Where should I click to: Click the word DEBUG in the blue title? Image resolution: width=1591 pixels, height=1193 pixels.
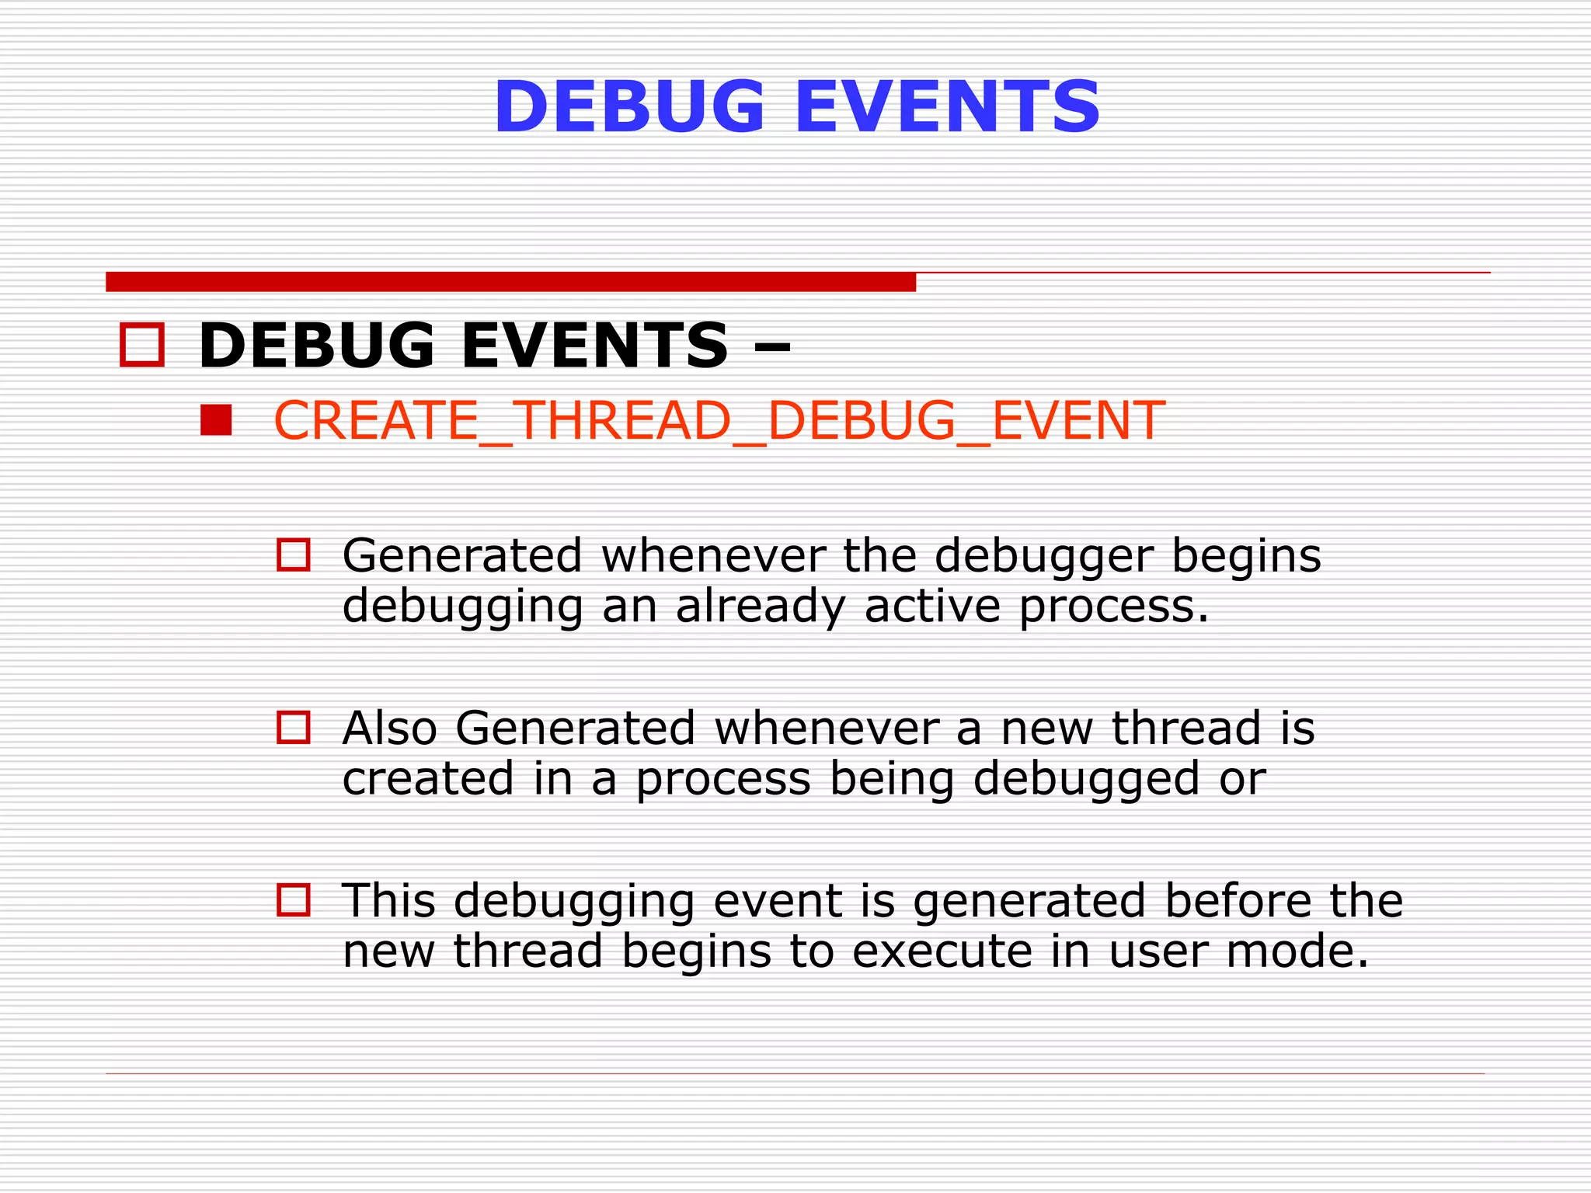pyautogui.click(x=629, y=107)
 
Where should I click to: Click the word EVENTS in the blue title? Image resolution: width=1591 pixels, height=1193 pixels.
pyautogui.click(x=947, y=107)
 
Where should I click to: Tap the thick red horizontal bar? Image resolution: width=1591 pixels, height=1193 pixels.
pyautogui.click(x=510, y=282)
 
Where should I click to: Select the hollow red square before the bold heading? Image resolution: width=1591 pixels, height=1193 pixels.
pyautogui.click(x=142, y=345)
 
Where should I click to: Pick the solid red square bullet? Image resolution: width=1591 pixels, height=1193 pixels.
pyautogui.click(x=216, y=420)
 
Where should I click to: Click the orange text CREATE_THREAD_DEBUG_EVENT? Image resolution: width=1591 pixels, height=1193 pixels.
pyautogui.click(x=719, y=420)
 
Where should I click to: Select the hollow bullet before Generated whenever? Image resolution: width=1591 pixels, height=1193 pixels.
pyautogui.click(x=294, y=555)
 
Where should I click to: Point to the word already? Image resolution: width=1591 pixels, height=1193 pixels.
pyautogui.click(x=761, y=607)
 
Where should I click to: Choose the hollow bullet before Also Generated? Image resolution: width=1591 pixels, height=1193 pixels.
pyautogui.click(x=294, y=728)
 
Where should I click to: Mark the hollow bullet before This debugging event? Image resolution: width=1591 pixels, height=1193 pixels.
pyautogui.click(x=294, y=900)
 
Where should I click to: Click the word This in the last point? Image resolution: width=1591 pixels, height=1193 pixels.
pyautogui.click(x=388, y=901)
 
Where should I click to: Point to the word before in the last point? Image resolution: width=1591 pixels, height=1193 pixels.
pyautogui.click(x=1238, y=901)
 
